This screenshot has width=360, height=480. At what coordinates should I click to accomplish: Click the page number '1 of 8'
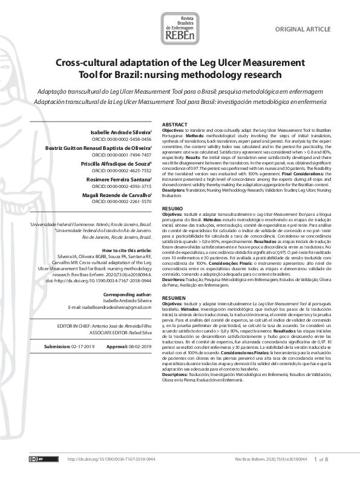(x=321, y=459)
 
